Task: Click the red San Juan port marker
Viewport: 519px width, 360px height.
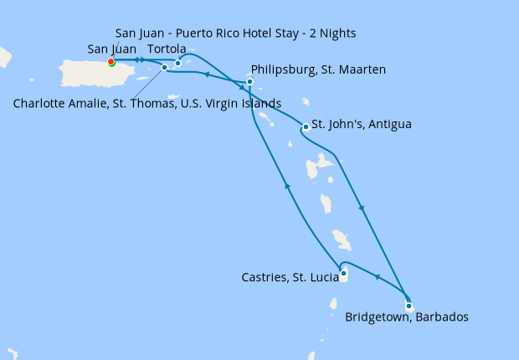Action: [x=110, y=61]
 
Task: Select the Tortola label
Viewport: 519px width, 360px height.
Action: [x=167, y=49]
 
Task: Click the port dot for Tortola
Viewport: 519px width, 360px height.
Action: [x=177, y=63]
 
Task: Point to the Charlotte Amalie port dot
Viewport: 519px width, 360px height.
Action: [x=164, y=67]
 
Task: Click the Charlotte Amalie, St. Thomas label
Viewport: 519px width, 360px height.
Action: [x=147, y=104]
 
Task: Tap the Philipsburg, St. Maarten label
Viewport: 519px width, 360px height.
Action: [x=318, y=69]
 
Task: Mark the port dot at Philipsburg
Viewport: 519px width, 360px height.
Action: [x=249, y=81]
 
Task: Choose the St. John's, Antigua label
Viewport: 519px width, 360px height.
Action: [x=361, y=124]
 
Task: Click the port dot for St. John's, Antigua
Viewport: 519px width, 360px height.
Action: [x=306, y=127]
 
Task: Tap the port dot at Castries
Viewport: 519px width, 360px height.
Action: [x=343, y=272]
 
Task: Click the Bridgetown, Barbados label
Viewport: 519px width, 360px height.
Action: [x=406, y=317]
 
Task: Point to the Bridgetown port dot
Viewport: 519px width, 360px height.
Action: [x=409, y=306]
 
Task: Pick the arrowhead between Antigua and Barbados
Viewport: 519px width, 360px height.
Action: [x=361, y=208]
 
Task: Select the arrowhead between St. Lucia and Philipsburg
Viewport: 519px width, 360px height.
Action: [x=288, y=186]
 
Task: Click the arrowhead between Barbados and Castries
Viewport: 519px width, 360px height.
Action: [x=376, y=277]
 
